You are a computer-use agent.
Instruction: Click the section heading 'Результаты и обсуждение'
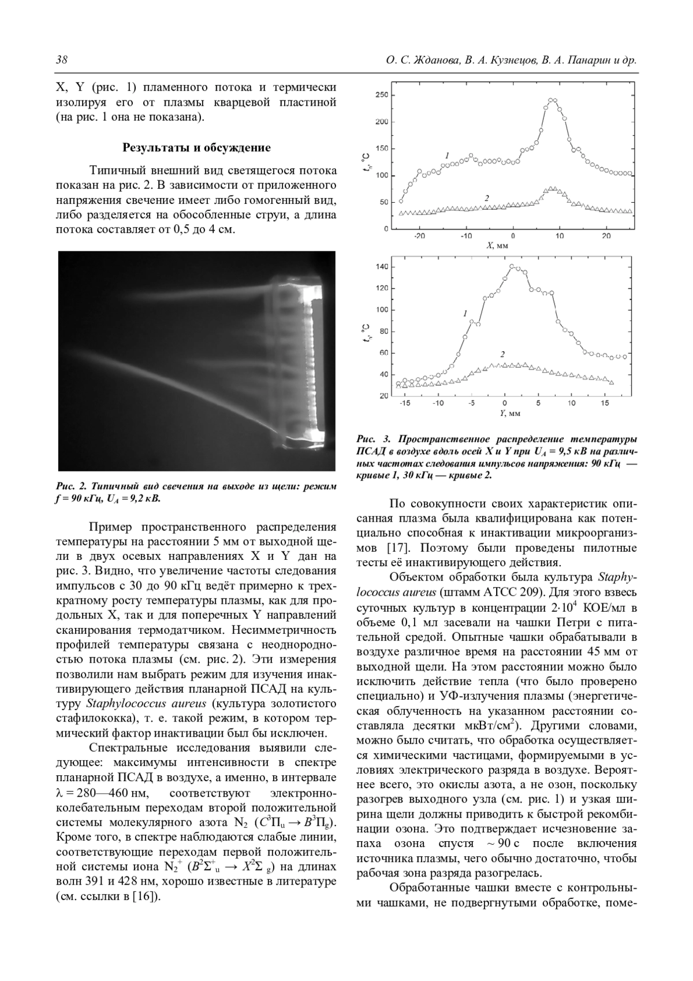coord(196,148)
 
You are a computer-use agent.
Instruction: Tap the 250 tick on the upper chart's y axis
coord(381,95)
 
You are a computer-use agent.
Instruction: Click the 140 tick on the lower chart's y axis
coord(382,267)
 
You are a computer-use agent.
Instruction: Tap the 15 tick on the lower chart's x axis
coord(604,403)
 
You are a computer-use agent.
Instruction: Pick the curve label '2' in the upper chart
coord(487,198)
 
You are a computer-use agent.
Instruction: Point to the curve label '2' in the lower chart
coord(502,354)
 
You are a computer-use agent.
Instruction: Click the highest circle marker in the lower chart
coord(512,266)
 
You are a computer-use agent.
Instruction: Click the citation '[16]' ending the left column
coord(147,897)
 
